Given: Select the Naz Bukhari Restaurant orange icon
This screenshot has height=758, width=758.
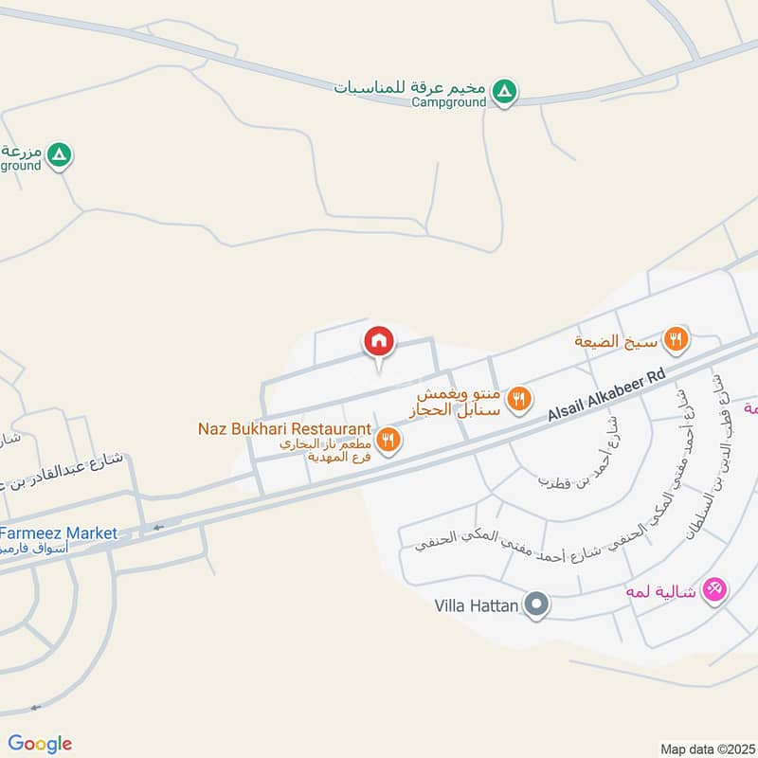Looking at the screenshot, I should [x=387, y=439].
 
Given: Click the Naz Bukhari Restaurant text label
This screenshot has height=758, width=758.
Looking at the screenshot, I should [x=283, y=429].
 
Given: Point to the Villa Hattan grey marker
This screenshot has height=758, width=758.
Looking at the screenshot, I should [x=537, y=605].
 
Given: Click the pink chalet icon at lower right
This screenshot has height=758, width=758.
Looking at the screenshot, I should [x=716, y=590].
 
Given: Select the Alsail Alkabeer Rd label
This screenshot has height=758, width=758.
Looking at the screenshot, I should [x=606, y=397].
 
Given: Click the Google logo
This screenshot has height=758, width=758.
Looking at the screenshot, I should [x=40, y=744].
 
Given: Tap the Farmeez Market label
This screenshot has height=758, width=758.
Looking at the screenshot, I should [x=59, y=533].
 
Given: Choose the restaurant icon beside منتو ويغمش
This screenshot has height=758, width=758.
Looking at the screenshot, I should [x=517, y=399].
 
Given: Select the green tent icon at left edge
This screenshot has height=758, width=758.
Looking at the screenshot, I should [x=60, y=153].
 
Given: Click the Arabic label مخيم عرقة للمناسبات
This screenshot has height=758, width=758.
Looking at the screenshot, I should [x=410, y=87].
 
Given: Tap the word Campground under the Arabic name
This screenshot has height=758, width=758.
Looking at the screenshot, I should [x=449, y=102].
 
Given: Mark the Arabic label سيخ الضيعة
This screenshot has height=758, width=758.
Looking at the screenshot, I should [x=617, y=339].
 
